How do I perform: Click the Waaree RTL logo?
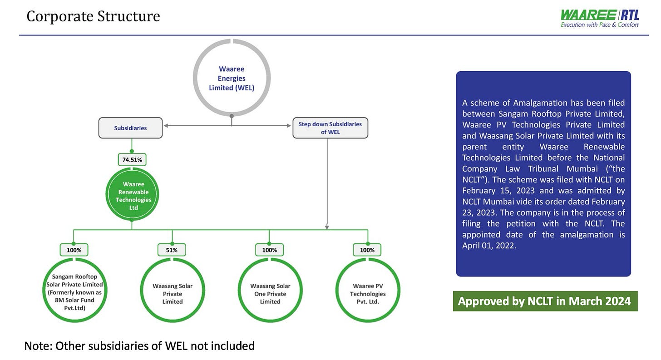coord(600,18)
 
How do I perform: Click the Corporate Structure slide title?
coord(93,16)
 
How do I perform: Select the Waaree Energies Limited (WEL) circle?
coord(232,78)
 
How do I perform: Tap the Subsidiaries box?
coord(130,128)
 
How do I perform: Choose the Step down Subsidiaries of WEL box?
coord(330,128)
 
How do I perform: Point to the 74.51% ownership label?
coord(132,160)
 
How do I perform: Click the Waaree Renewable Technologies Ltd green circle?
coord(132,196)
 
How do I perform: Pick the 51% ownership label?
coord(172,250)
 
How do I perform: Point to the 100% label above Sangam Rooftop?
coord(74,250)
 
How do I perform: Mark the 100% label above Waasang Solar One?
coord(269,250)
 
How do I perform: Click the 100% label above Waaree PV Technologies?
coord(367,250)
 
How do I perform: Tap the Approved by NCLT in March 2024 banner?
coord(545,301)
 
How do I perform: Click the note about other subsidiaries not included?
coord(139,346)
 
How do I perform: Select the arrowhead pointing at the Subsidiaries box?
coord(167,125)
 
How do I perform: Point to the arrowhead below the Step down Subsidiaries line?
coord(327,227)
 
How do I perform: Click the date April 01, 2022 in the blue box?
coord(489,246)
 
